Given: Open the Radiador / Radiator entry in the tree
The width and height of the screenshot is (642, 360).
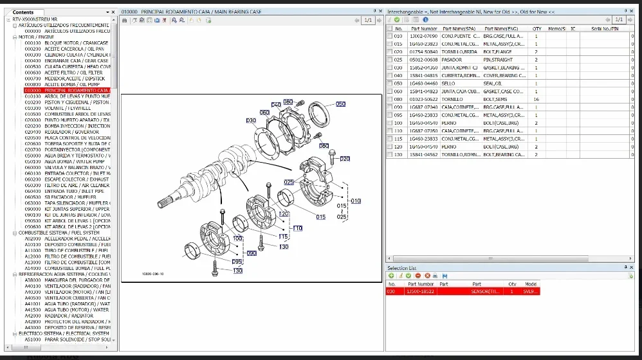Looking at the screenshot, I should pyautogui.click(x=68, y=315).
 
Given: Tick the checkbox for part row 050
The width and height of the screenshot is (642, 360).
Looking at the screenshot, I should pyautogui.click(x=390, y=84).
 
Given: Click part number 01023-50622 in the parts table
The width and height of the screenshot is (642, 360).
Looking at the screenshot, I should pyautogui.click(x=423, y=99).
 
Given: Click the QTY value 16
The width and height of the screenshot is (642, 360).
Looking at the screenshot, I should pyautogui.click(x=536, y=99).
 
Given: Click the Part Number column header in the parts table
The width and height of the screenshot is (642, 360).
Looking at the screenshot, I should pyautogui.click(x=423, y=28).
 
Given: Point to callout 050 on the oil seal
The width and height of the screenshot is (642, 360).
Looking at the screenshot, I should pyautogui.click(x=340, y=104).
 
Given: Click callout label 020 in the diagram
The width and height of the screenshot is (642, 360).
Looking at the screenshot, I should pyautogui.click(x=345, y=158).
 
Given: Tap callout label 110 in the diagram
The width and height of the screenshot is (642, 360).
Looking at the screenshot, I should pyautogui.click(x=297, y=228).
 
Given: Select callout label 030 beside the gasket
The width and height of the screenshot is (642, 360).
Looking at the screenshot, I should pyautogui.click(x=252, y=120).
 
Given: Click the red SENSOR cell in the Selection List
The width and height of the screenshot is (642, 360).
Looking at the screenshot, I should pyautogui.click(x=486, y=291).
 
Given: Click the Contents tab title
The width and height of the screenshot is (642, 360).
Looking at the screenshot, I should pyautogui.click(x=23, y=12).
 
